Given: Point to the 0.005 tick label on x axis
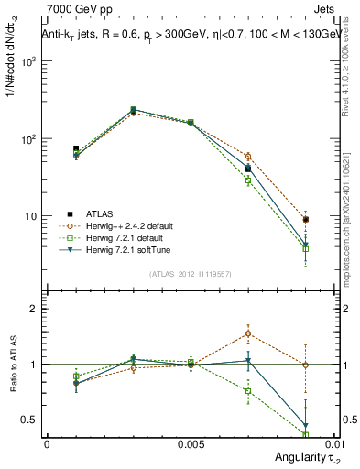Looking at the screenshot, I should [x=190, y=443].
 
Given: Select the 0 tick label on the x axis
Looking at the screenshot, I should [x=47, y=443].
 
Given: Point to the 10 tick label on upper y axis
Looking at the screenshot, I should [x=31, y=217].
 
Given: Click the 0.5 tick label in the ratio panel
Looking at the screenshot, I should [x=30, y=420].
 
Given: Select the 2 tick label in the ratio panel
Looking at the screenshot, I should [x=34, y=309].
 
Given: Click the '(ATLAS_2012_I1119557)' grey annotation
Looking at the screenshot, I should [x=190, y=274].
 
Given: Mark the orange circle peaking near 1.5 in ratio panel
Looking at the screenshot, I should [x=247, y=333].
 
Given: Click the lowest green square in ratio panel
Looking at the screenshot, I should [x=305, y=434].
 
